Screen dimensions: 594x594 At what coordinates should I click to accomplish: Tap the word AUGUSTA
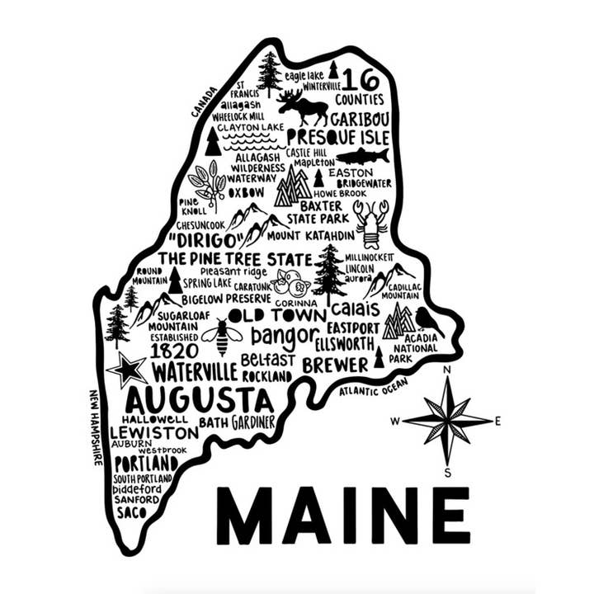pos(198,401)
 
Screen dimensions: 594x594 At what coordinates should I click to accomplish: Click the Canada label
pos(204,101)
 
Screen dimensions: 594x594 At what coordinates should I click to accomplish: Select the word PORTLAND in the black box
pos(145,464)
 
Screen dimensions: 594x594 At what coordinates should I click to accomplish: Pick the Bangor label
pos(282,336)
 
